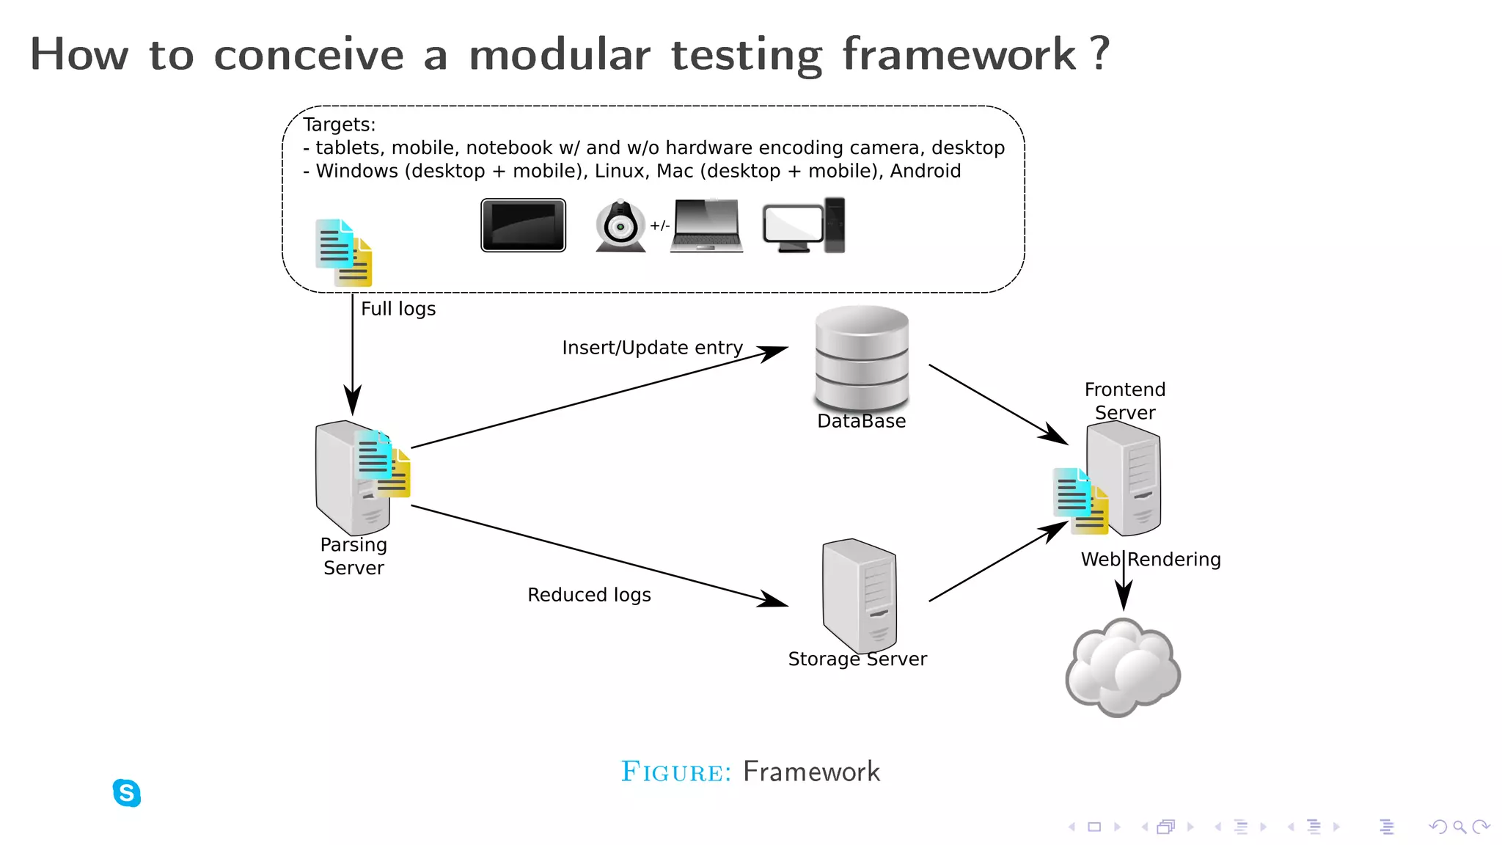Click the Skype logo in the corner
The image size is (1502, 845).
pos(127,793)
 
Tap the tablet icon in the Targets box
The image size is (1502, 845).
pos(523,225)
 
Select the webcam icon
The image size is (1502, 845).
pos(620,226)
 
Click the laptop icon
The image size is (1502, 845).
pos(706,226)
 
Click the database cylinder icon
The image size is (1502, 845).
pos(862,358)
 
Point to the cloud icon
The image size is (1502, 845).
pos(1122,667)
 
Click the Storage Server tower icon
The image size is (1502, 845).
pos(860,594)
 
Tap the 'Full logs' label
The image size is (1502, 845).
pos(398,309)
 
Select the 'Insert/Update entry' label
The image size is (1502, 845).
pos(652,348)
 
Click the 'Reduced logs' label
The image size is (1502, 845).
pos(589,595)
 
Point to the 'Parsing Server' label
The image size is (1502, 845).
pos(353,556)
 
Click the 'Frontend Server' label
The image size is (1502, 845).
pos(1125,400)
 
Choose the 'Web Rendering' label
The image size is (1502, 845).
pos(1151,560)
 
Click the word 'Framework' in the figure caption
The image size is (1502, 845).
pos(811,772)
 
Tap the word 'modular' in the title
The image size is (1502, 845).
pos(559,55)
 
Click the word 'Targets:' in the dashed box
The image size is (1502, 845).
pos(339,125)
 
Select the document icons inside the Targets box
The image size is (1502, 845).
pos(343,253)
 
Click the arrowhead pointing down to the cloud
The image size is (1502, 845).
pos(1124,596)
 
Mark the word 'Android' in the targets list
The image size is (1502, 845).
pos(925,171)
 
